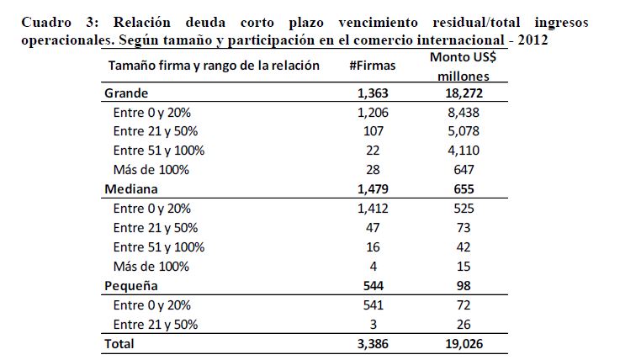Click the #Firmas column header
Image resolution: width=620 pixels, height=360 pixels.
point(372,66)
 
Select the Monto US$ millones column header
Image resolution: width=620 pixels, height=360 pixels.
point(463,66)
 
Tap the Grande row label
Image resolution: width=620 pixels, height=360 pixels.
point(126,93)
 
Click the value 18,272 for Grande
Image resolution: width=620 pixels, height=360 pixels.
point(464,93)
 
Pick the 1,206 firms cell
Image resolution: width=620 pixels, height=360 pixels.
point(373,113)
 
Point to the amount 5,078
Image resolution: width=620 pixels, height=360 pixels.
point(464,131)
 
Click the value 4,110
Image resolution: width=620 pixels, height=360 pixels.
point(464,151)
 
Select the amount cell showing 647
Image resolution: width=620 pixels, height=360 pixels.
point(464,170)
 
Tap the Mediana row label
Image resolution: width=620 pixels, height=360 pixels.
point(131,189)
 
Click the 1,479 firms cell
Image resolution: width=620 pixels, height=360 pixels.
point(373,189)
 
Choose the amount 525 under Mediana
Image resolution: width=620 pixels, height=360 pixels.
point(464,209)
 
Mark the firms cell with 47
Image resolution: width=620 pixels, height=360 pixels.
point(373,228)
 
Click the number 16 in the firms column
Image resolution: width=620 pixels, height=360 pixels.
point(373,247)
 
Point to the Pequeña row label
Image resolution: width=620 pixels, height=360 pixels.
point(131,286)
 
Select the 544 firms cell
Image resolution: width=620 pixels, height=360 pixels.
point(374,286)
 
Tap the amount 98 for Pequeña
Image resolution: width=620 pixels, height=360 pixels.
point(464,286)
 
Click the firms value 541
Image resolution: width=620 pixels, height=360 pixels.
point(374,305)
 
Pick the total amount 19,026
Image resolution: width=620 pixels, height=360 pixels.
point(464,344)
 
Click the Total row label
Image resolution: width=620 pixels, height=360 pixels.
point(119,344)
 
